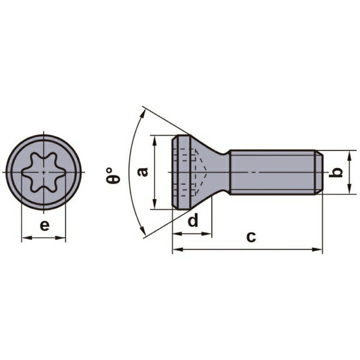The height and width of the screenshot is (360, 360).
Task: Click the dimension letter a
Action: click(x=143, y=172)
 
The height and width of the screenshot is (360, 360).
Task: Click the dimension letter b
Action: click(x=335, y=172)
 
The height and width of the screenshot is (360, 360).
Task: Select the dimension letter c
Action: click(x=251, y=237)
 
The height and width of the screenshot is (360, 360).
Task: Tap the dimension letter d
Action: click(x=193, y=220)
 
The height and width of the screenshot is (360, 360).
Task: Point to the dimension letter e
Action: click(x=44, y=226)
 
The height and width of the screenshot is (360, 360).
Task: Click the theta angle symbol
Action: click(x=113, y=175)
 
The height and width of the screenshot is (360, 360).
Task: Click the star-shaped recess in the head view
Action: click(x=43, y=172)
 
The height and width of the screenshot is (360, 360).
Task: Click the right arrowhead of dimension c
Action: click(x=317, y=250)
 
